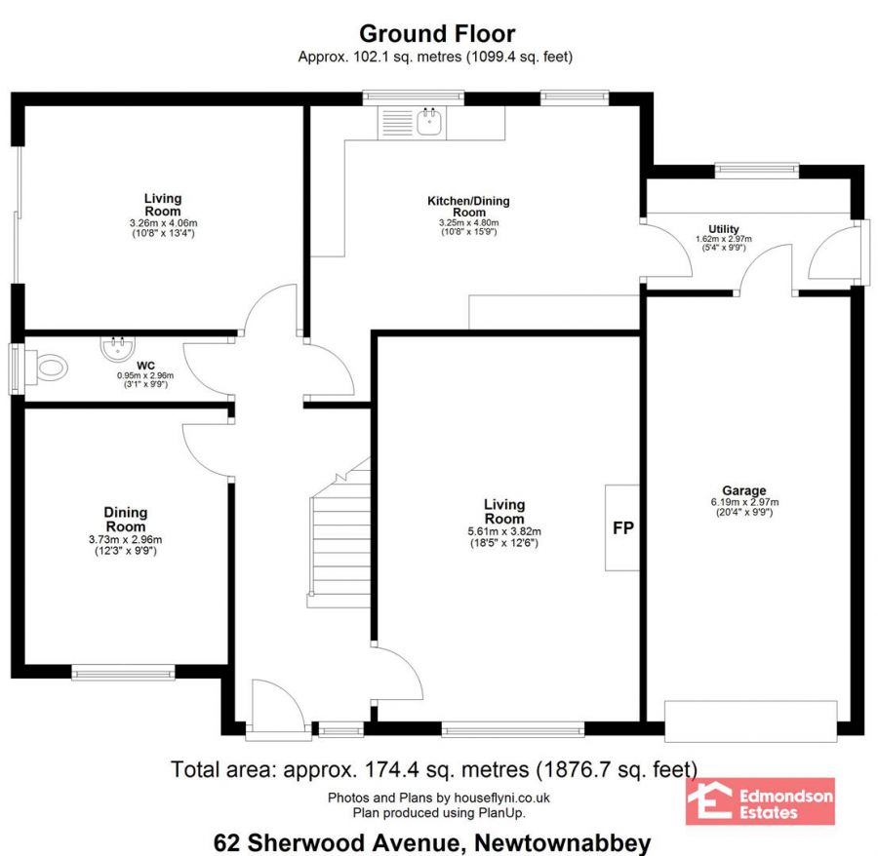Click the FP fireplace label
tap(622, 527)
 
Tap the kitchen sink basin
tap(429, 122)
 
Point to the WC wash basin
tap(117, 348)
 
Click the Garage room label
tap(743, 490)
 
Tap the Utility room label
tap(724, 229)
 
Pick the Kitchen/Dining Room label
tap(468, 207)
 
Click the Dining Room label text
tap(126, 520)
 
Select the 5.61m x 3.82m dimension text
tap(504, 531)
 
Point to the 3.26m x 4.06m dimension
tap(163, 222)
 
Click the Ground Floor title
tap(437, 33)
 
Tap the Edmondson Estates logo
tap(760, 801)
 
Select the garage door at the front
tap(751, 721)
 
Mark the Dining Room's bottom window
tap(123, 672)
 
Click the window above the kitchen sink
tap(414, 97)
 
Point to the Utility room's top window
tap(757, 170)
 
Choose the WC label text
tap(145, 366)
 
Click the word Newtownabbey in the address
tap(563, 842)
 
